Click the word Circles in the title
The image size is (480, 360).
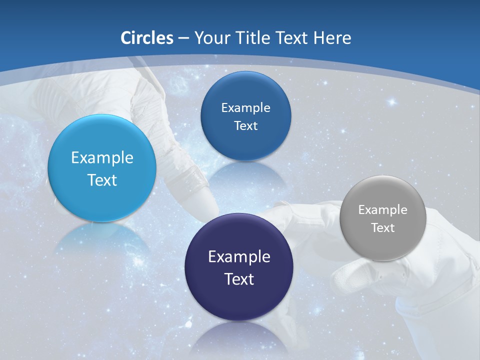[x=147, y=38]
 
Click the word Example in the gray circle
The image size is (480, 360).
[x=383, y=210]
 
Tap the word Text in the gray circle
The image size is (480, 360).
[x=383, y=228]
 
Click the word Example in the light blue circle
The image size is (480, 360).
[x=102, y=158]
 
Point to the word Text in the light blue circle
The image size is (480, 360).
[x=102, y=180]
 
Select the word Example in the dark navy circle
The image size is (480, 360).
[x=239, y=257]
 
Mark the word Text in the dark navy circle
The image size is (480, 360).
[x=239, y=279]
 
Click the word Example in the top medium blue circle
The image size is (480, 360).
[x=245, y=108]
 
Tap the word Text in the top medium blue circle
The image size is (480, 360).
[x=245, y=126]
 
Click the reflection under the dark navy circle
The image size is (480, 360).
[x=239, y=337]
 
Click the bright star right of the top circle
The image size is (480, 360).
[x=391, y=102]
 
